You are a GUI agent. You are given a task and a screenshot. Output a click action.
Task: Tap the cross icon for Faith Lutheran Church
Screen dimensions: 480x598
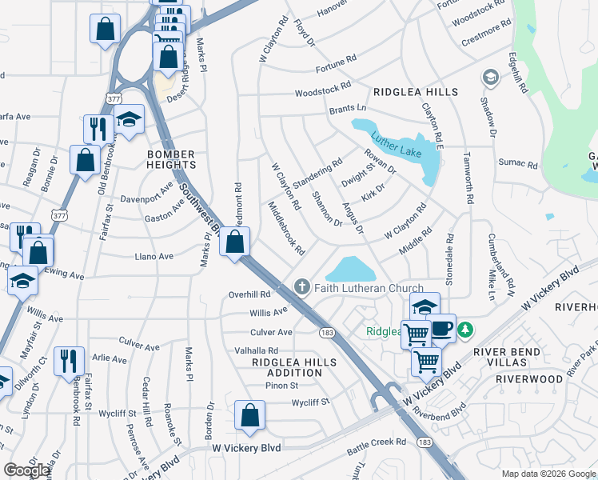302,286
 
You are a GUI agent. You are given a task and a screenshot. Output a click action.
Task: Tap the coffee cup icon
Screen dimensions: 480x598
441,328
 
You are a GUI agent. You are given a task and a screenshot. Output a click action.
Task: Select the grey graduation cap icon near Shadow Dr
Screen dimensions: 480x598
489,78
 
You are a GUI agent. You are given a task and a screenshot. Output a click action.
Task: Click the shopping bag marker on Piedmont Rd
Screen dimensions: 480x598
235,242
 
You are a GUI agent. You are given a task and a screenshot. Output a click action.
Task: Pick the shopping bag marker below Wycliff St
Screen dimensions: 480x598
249,415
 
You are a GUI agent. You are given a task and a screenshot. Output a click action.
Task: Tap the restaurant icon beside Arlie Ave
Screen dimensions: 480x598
68,361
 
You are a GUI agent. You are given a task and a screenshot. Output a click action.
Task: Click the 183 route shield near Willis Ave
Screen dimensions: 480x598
326,331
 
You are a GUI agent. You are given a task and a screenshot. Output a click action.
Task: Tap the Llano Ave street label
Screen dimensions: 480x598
154,257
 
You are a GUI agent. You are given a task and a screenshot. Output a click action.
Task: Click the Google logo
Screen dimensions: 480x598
27,470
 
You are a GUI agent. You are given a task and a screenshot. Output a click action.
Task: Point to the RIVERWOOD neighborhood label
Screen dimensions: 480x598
528,378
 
